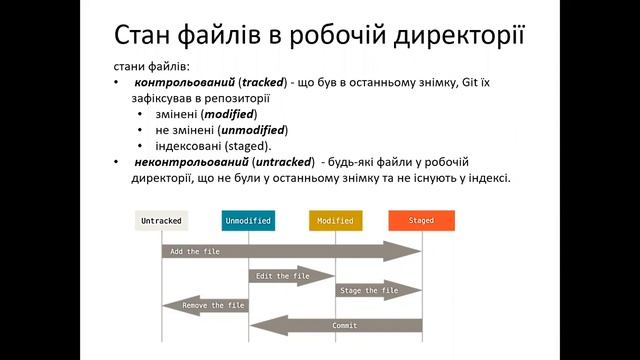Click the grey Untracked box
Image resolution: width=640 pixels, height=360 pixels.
(x=161, y=220)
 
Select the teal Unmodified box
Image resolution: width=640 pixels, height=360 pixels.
(x=248, y=220)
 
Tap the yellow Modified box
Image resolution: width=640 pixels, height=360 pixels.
(x=335, y=220)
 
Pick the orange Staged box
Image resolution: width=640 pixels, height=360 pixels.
(x=421, y=220)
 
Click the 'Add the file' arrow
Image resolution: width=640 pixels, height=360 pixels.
(x=290, y=251)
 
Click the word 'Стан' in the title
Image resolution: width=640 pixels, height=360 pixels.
(x=150, y=37)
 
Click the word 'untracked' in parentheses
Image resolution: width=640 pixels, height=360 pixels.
(x=280, y=162)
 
